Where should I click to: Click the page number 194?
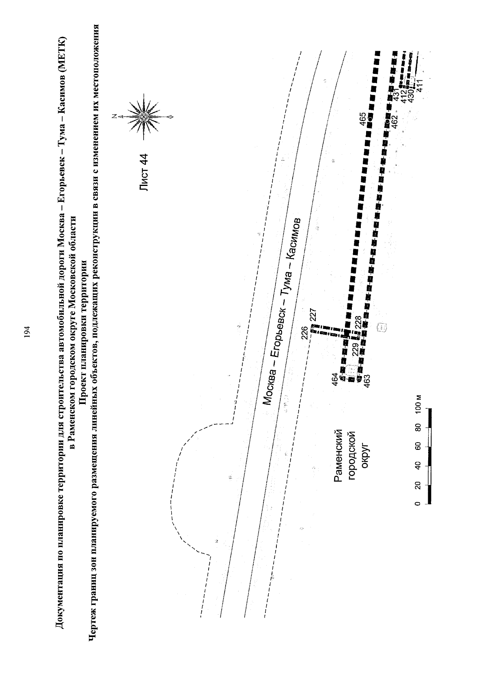[x=28, y=332]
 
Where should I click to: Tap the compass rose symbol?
[x=143, y=117]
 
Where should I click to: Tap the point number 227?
[x=313, y=315]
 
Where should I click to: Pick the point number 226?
[x=304, y=333]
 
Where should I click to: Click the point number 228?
[x=358, y=322]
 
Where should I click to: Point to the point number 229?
[x=355, y=350]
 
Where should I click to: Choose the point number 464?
[x=335, y=379]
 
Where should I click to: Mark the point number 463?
[x=367, y=381]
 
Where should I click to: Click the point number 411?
[x=420, y=85]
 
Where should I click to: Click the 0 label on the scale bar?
[x=418, y=503]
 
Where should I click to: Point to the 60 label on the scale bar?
[x=418, y=446]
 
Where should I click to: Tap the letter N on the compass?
[x=114, y=116]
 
